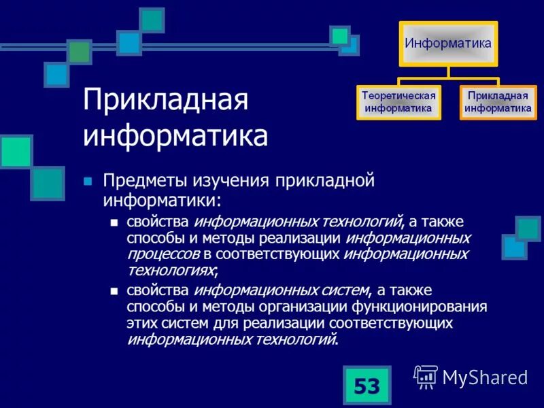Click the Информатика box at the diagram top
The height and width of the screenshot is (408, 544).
pyautogui.click(x=448, y=44)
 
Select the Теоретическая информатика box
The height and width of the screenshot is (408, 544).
pyautogui.click(x=398, y=102)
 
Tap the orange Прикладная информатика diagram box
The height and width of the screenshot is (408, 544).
pyautogui.click(x=498, y=102)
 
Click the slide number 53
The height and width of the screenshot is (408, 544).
pyautogui.click(x=367, y=387)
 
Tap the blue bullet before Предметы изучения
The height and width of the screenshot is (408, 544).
pyautogui.click(x=86, y=182)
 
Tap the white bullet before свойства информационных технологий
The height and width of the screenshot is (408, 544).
pyautogui.click(x=114, y=223)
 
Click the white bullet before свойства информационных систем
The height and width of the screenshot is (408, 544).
pyautogui.click(x=114, y=291)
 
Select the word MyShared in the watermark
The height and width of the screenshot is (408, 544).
pyautogui.click(x=485, y=377)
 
